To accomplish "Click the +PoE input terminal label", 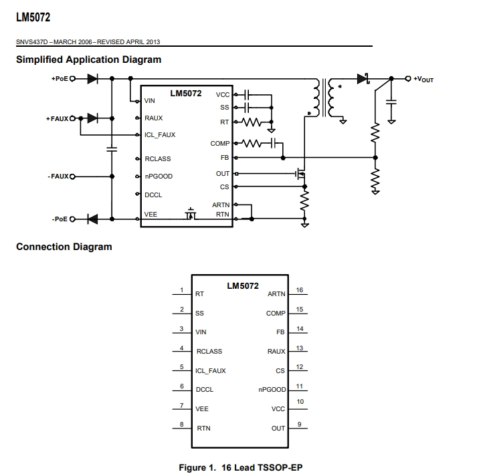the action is [60, 79].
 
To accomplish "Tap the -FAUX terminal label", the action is [58, 176].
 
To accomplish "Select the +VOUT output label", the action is [423, 80].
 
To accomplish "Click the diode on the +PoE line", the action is [92, 79].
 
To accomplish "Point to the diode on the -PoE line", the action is [92, 219].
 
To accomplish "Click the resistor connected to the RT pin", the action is [252, 122].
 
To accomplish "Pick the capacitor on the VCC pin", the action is [247, 95].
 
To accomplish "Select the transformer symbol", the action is [324, 98].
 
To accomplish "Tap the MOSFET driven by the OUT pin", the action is [300, 174].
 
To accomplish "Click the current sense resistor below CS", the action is [304, 201].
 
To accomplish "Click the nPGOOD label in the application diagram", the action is [159, 176].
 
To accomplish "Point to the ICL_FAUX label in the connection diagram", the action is [211, 371].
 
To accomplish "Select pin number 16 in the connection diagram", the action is [300, 290].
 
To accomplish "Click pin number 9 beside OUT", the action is [300, 425].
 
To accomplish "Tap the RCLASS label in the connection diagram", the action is [209, 351].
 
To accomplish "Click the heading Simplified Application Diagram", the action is [89, 59].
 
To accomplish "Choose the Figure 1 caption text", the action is [241, 467].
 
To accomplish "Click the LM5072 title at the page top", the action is [33, 17].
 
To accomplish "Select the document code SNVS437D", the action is [32, 42].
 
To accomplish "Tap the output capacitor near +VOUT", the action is [391, 102].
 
